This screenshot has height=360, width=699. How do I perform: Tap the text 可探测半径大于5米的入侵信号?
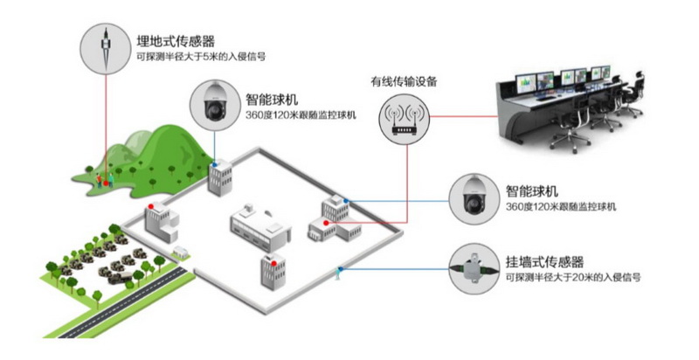click(202, 56)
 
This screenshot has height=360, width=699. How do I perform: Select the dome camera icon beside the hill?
click(214, 105)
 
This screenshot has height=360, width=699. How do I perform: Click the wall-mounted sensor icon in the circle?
click(472, 267)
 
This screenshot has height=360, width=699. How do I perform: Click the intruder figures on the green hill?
click(105, 178)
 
